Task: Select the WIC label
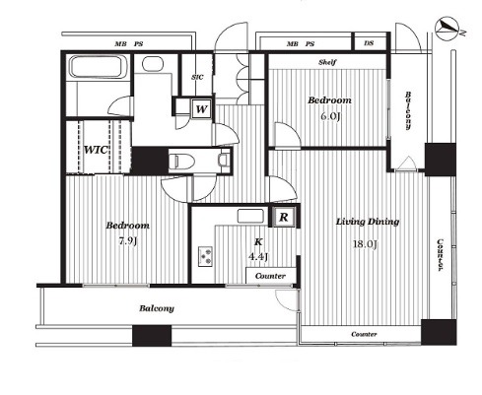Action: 96,150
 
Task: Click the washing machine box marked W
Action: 201,108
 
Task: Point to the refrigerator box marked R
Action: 284,217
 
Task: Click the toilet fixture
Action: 181,161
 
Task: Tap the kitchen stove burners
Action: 205,256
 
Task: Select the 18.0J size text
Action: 365,244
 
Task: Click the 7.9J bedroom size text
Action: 128,241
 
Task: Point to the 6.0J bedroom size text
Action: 329,116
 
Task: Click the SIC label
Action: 197,77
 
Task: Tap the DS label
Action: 369,43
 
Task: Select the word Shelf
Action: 327,62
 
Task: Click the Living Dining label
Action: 368,222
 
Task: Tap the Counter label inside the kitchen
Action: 270,276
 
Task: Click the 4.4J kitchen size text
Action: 258,256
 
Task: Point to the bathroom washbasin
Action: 153,64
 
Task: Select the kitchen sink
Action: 250,216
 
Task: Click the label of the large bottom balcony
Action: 157,308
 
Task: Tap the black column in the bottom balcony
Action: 152,336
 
